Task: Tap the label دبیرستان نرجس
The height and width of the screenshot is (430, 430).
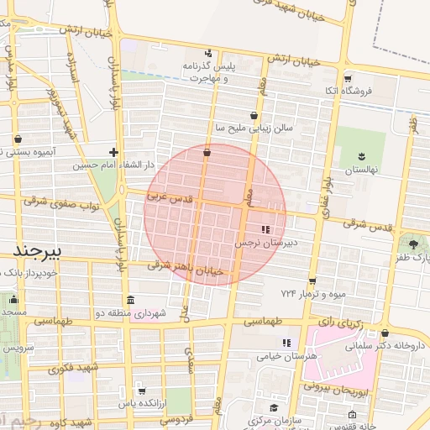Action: coord(267,242)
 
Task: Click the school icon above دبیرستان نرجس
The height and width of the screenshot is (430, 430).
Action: coord(267,228)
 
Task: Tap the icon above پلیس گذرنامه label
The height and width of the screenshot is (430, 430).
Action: coord(208,53)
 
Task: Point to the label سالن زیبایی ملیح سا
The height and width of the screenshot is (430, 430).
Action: coord(254,128)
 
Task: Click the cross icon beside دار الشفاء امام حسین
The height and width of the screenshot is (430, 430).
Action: coord(113,152)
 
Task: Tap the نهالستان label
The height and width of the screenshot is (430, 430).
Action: coord(363,170)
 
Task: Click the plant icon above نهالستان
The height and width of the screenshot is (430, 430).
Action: coord(363,156)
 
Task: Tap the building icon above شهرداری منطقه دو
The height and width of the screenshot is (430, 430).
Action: coord(129,300)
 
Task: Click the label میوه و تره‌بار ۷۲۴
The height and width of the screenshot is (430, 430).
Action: coord(313,294)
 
